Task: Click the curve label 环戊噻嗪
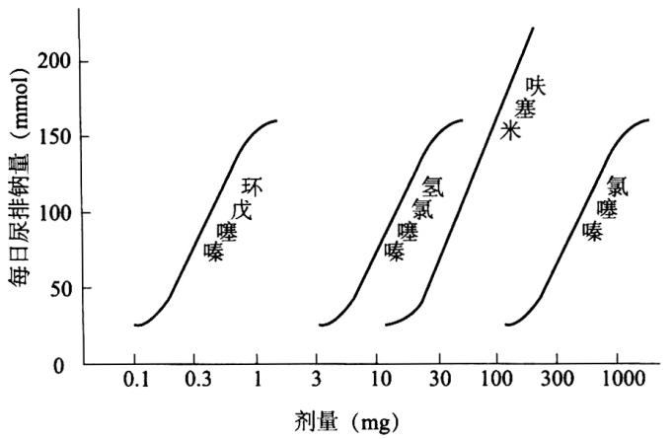click(233, 220)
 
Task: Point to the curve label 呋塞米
click(523, 108)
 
